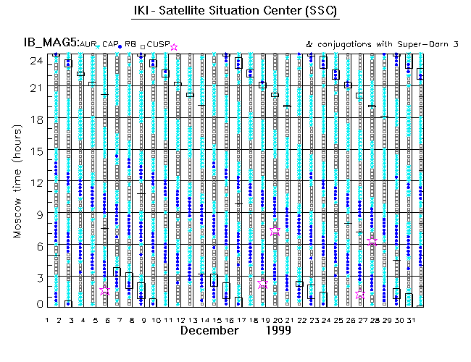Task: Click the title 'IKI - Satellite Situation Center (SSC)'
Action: [x=235, y=12]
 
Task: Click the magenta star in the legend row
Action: [x=173, y=47]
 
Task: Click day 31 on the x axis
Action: [x=410, y=320]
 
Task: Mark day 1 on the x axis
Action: [x=47, y=320]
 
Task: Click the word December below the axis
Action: [x=209, y=331]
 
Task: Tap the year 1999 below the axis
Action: [x=277, y=331]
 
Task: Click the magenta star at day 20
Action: [x=275, y=231]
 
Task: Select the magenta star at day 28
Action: [x=372, y=240]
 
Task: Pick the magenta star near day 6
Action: [x=105, y=290]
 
